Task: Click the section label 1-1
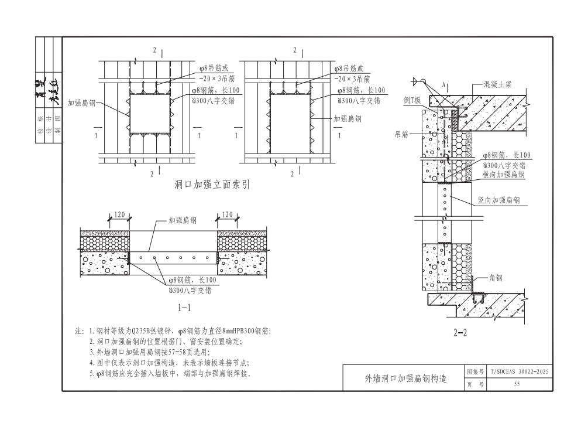(x=184, y=307)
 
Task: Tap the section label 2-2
(x=460, y=333)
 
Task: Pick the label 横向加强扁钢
(x=504, y=175)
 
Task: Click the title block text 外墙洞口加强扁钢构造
(x=404, y=378)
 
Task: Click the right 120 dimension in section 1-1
(x=228, y=215)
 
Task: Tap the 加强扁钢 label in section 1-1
(x=183, y=221)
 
